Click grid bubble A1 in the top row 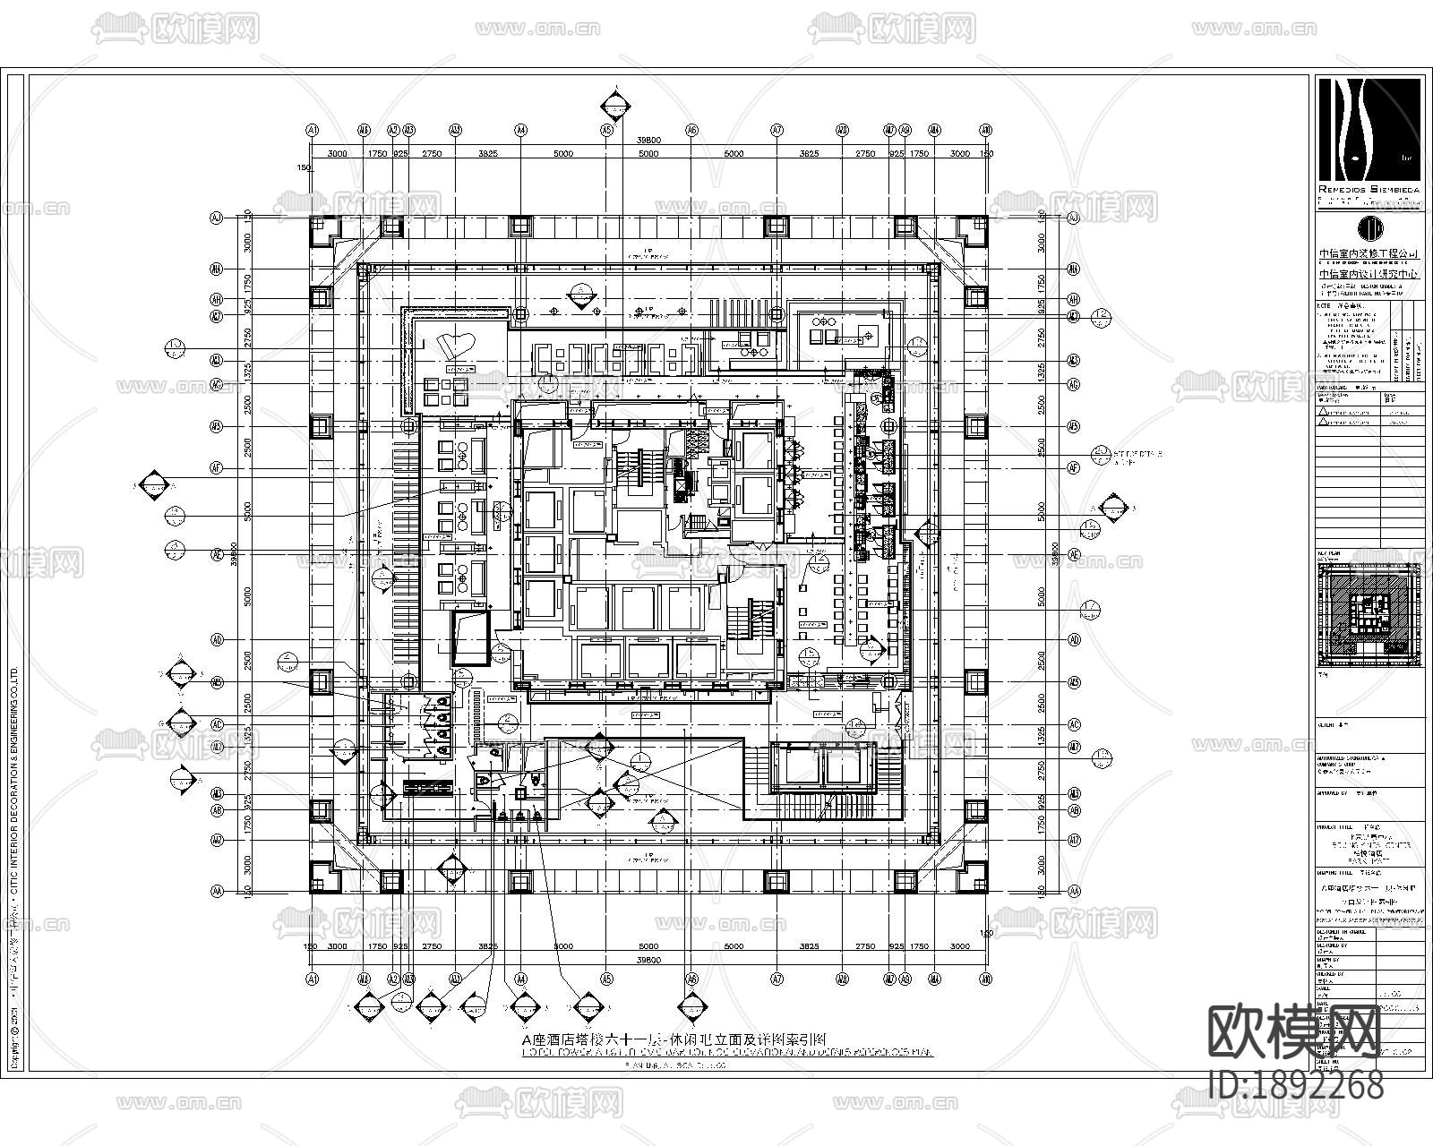313,130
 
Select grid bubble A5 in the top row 606,130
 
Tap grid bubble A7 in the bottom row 777,979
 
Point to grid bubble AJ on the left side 216,218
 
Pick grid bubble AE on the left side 216,555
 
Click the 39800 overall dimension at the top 648,141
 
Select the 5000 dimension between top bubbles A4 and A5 562,154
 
